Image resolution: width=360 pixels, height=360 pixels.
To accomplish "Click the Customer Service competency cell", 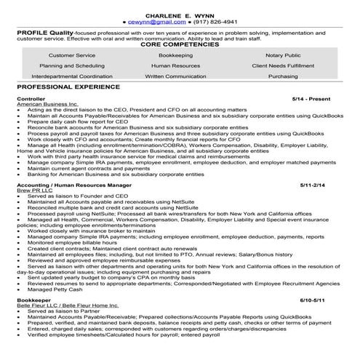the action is [x=71, y=55].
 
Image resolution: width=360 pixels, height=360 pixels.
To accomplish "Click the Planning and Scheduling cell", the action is [x=71, y=65].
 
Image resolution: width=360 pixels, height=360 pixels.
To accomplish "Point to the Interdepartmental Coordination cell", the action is [x=71, y=76].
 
